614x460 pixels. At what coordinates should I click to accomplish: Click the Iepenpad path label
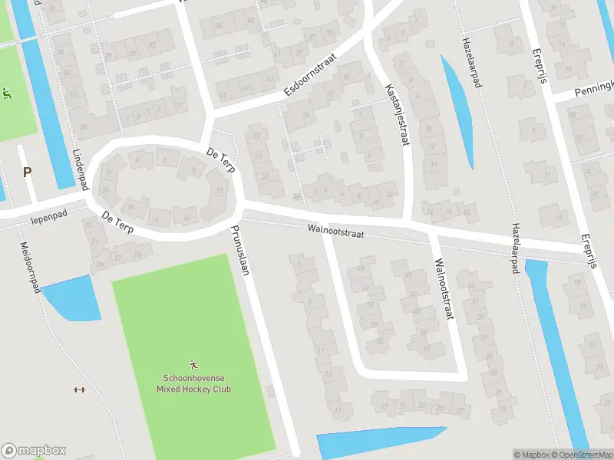[x=50, y=219]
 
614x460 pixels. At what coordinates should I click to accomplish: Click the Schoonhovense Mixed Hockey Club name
[x=196, y=383]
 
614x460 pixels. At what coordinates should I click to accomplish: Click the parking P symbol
[x=28, y=172]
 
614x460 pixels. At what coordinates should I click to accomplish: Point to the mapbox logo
[x=33, y=451]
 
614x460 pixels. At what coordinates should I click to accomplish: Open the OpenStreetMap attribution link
[x=580, y=455]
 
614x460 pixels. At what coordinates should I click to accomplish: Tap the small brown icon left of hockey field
[x=78, y=389]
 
